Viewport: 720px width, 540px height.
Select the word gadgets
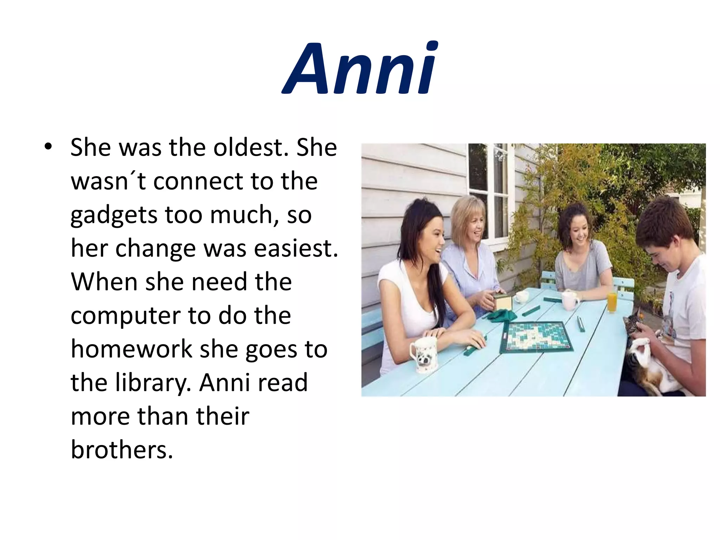coord(114,215)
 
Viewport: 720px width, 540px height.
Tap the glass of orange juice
coord(612,302)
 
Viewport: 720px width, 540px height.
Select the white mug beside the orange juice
coord(570,301)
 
